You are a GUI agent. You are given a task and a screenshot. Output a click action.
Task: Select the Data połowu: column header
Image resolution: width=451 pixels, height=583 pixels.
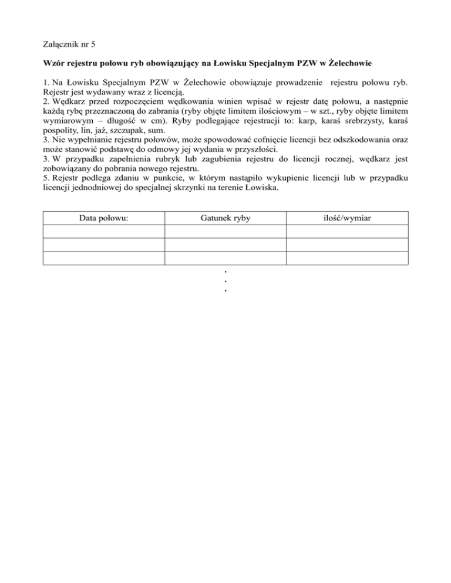click(103, 218)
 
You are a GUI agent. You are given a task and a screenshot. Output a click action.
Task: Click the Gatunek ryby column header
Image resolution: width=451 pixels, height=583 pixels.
click(225, 218)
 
